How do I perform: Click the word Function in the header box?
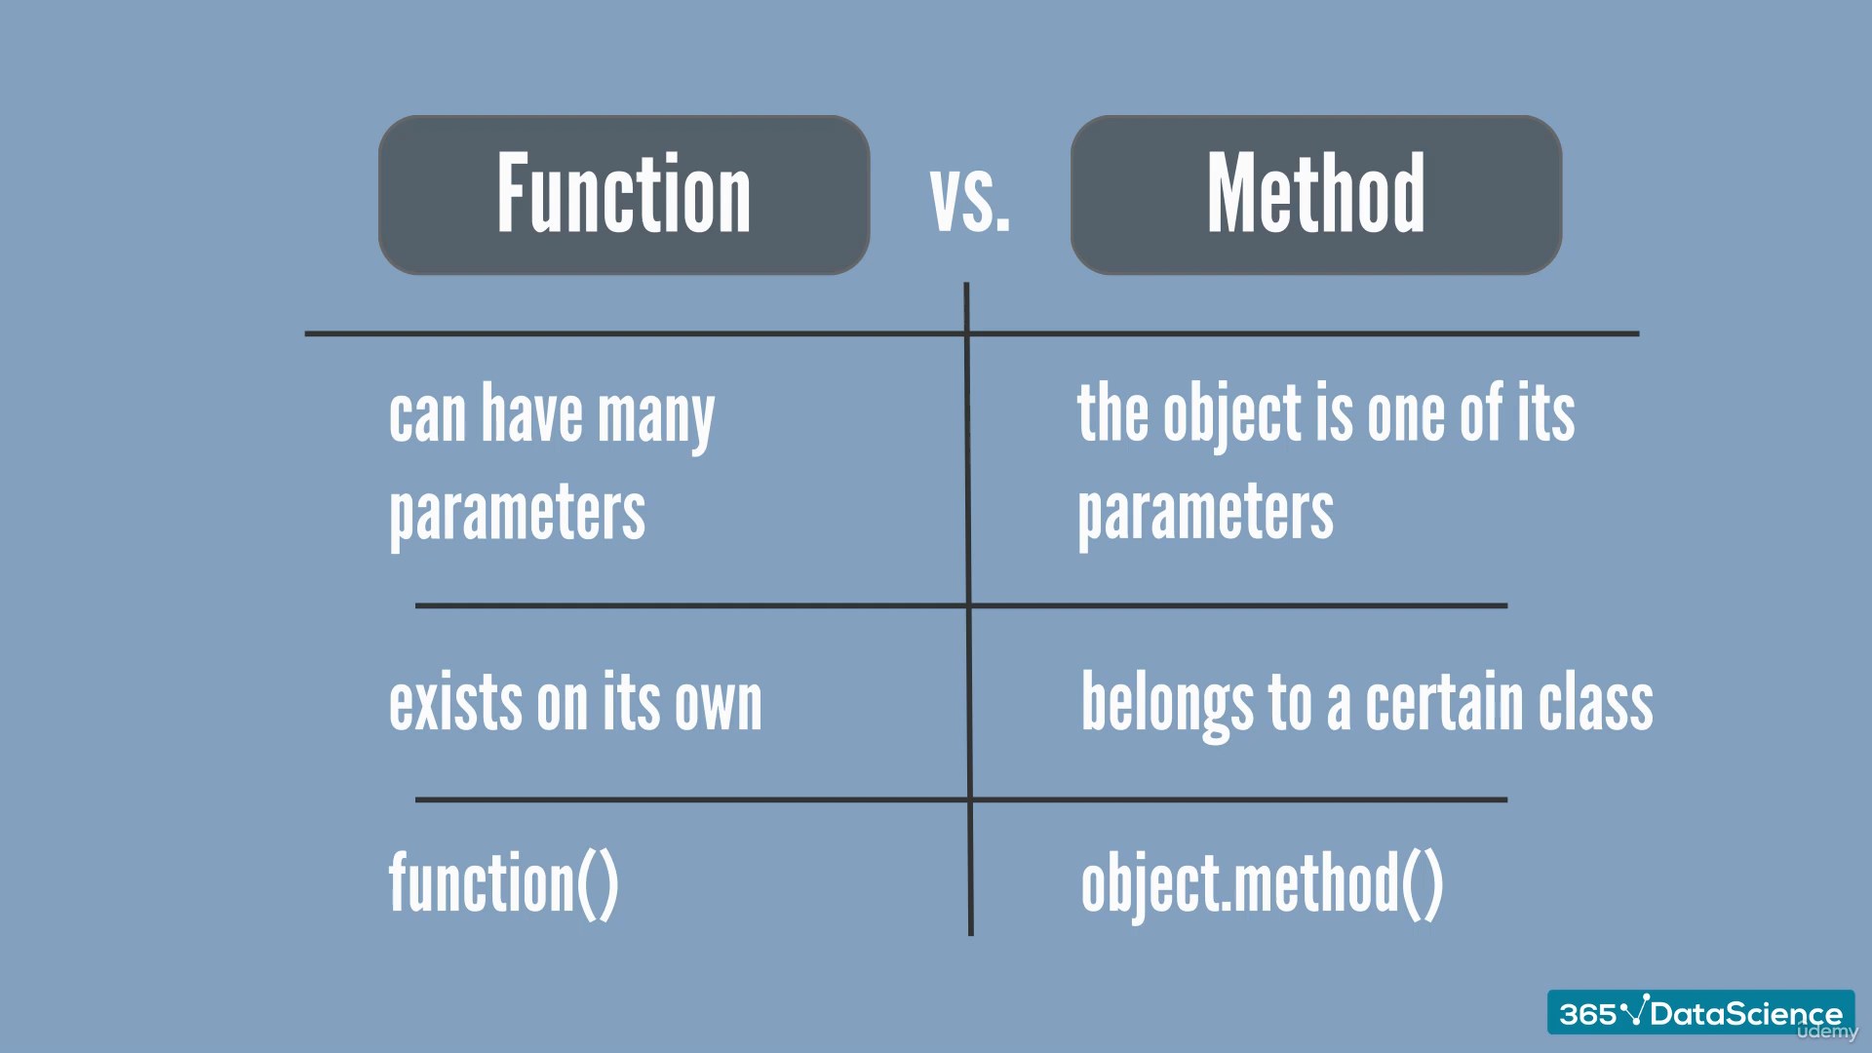point(624,193)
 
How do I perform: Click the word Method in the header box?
point(1316,193)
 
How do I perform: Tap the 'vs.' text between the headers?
point(970,200)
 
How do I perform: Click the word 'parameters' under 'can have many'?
point(517,515)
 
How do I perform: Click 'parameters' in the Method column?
point(1205,515)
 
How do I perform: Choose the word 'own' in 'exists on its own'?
point(720,704)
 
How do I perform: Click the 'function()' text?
point(504,883)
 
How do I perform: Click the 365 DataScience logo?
point(1700,1013)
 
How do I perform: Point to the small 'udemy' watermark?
point(1827,1032)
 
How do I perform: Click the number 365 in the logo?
point(1588,1015)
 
